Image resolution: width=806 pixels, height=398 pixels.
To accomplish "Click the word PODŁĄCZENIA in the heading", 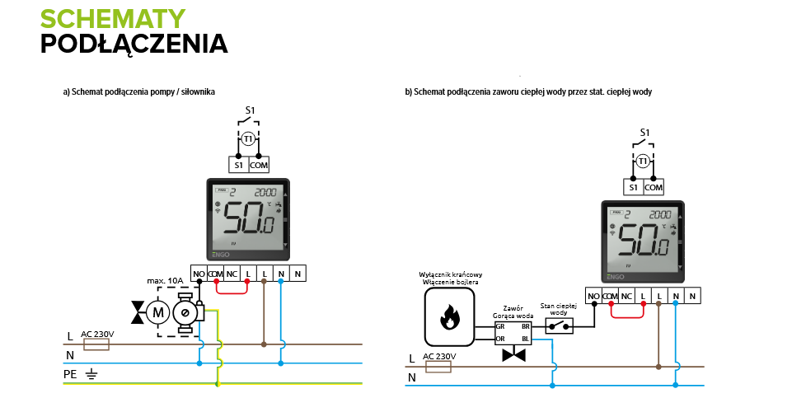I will point(134,43).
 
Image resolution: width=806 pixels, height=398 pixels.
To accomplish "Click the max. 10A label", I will point(164,282).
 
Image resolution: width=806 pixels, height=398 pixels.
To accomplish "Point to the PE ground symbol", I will point(92,375).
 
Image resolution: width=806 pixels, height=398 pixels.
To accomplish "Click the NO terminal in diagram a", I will point(199,274).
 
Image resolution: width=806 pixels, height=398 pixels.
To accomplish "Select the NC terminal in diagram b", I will point(626,296).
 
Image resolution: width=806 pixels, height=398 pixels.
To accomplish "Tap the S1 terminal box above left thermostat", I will point(238,165).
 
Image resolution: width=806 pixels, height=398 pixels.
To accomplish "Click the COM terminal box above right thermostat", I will point(654,187).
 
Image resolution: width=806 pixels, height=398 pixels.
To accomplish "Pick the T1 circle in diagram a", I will point(249,138).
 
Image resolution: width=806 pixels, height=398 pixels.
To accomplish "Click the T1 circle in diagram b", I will point(643,161).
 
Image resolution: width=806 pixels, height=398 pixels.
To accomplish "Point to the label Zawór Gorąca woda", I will point(513,311).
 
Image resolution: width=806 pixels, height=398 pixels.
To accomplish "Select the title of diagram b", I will point(528,91).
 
